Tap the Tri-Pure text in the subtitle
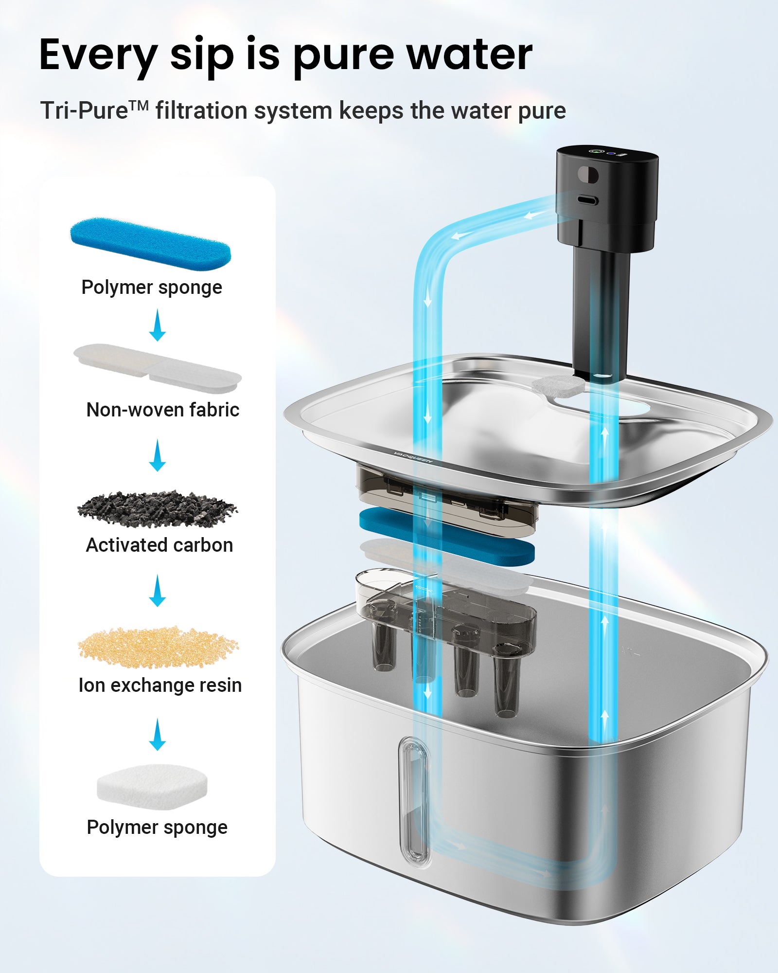94,110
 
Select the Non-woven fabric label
163,410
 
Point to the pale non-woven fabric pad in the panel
158,368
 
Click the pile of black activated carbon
158,509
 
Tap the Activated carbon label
159,545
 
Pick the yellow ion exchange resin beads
159,647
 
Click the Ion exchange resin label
160,685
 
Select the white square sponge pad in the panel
152,787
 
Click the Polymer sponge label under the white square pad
157,828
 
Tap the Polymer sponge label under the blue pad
152,288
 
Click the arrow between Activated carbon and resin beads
157,590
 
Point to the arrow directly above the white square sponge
157,734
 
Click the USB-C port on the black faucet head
588,200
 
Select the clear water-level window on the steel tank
415,802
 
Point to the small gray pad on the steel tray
558,385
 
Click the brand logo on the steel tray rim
413,458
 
